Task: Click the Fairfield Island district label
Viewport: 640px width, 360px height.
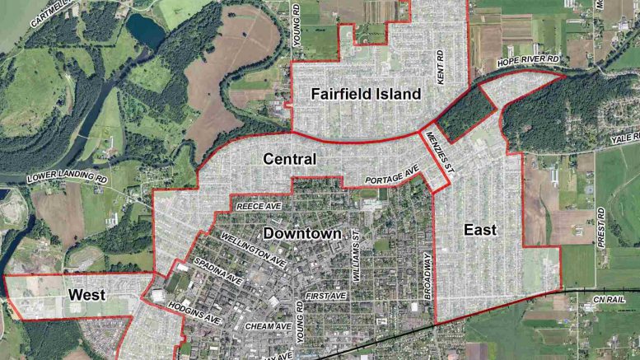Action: (365, 94)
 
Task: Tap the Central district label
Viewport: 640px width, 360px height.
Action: (289, 157)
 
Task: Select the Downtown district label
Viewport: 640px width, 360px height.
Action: (301, 234)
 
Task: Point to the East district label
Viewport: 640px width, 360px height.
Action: (479, 230)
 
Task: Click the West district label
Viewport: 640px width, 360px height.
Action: (85, 294)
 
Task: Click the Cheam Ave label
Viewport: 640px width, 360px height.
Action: (269, 326)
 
